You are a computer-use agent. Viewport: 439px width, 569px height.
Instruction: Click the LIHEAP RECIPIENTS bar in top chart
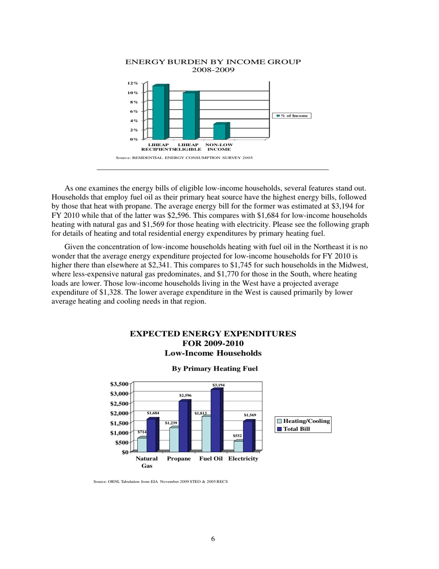click(x=159, y=112)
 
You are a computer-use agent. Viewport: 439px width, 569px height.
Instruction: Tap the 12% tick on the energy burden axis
click(x=133, y=83)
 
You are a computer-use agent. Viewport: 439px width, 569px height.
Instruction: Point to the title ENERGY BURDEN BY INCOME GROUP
click(x=213, y=62)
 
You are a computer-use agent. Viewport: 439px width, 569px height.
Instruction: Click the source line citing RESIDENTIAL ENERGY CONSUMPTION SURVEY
click(x=184, y=158)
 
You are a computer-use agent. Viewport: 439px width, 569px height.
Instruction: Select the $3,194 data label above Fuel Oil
click(x=218, y=385)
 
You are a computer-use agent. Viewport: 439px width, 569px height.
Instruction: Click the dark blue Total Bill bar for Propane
click(x=183, y=426)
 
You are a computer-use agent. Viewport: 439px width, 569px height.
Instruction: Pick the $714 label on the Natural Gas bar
click(x=142, y=432)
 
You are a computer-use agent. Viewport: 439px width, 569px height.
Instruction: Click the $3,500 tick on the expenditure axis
click(x=119, y=384)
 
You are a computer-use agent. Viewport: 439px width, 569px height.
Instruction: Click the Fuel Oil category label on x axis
click(x=211, y=459)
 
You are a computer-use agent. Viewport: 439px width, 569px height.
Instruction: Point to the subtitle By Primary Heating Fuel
click(x=214, y=369)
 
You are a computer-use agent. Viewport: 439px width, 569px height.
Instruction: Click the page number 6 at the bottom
click(x=213, y=538)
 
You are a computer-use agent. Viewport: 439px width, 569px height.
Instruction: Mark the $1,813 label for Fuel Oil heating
click(x=200, y=413)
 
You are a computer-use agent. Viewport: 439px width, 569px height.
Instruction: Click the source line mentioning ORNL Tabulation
click(x=160, y=482)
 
